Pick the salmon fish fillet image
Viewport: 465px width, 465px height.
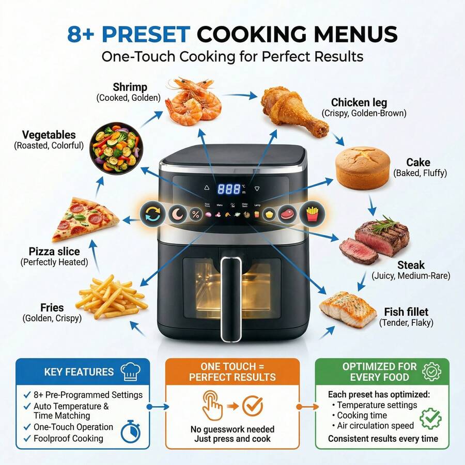pos(347,308)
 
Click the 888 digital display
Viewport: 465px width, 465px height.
pos(229,189)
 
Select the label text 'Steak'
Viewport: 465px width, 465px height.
pos(411,265)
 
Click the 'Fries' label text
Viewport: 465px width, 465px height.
pos(52,308)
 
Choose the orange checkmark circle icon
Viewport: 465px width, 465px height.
pos(253,407)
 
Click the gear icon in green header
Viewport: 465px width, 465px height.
pos(431,371)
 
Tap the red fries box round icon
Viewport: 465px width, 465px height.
pos(312,213)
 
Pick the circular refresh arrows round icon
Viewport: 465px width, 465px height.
pos(152,213)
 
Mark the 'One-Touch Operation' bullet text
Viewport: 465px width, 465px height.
pos(73,427)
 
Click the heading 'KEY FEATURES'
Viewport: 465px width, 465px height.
pos(79,371)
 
